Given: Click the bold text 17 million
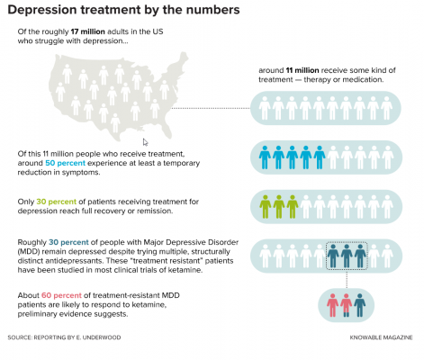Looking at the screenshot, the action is (x=88, y=31).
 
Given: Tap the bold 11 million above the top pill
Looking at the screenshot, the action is (x=302, y=70).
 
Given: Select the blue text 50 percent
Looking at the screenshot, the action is (x=66, y=163).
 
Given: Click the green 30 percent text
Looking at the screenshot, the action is (x=57, y=202).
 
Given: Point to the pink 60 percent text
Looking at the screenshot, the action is (x=61, y=295).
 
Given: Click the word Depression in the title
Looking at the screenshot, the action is (x=42, y=10).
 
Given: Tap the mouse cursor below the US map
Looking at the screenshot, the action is (x=146, y=142).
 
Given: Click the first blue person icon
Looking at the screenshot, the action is (x=265, y=157).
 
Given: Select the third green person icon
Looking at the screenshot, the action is (x=293, y=207).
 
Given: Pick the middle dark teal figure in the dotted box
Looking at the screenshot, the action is (x=347, y=256).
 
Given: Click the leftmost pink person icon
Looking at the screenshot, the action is (x=332, y=305).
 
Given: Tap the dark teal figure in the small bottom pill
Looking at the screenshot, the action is (x=360, y=305).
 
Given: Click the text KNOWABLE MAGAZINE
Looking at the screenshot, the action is (x=381, y=337).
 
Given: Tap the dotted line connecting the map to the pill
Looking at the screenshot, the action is (x=211, y=108).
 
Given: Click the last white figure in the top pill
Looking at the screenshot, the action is (x=387, y=108).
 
